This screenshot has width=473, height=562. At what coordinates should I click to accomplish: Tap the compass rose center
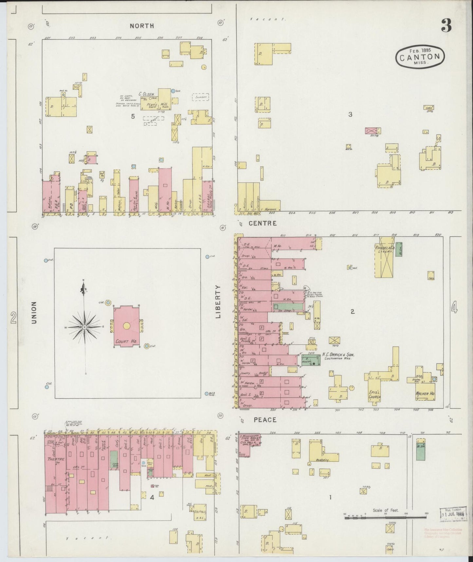point(84,327)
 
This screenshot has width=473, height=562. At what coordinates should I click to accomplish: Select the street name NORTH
point(142,26)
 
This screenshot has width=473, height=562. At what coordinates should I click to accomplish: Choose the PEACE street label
point(265,420)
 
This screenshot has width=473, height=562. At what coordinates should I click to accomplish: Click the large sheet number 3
point(446,25)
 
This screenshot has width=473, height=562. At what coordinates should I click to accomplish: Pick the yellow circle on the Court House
point(127,326)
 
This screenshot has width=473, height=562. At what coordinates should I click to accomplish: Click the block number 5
point(133,116)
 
